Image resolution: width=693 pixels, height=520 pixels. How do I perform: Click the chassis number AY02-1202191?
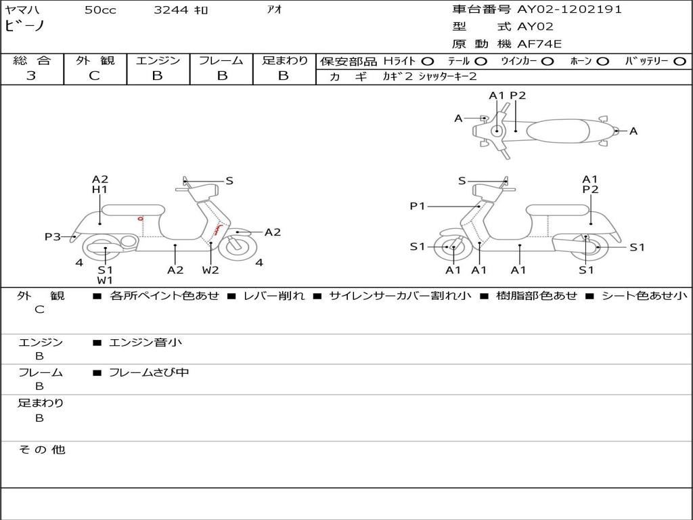tap(569, 9)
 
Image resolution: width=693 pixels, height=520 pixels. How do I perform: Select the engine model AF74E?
tap(539, 45)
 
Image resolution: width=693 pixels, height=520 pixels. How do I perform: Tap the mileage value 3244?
tap(172, 9)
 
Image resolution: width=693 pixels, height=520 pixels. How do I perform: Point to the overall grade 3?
tap(31, 76)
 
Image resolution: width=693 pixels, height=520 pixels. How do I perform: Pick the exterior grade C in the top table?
tap(94, 76)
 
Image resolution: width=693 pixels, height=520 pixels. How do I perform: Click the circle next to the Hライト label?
tap(428, 61)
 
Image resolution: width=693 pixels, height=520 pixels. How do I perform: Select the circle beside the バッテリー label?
tap(679, 61)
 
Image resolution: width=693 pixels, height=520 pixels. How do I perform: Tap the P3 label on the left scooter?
tap(53, 236)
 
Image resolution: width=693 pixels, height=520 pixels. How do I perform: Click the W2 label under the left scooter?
tap(210, 270)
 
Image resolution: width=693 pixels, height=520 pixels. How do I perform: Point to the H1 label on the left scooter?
tap(99, 190)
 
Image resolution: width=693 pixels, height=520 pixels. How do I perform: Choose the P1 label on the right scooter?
tap(418, 206)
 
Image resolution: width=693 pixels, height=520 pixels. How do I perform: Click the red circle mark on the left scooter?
tap(140, 219)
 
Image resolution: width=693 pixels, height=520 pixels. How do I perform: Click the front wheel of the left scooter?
tap(234, 246)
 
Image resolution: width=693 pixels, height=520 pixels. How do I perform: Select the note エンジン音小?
tap(145, 343)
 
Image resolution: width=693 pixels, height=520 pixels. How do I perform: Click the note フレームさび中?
tap(148, 372)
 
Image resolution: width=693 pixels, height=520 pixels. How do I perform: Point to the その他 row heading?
tap(41, 450)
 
